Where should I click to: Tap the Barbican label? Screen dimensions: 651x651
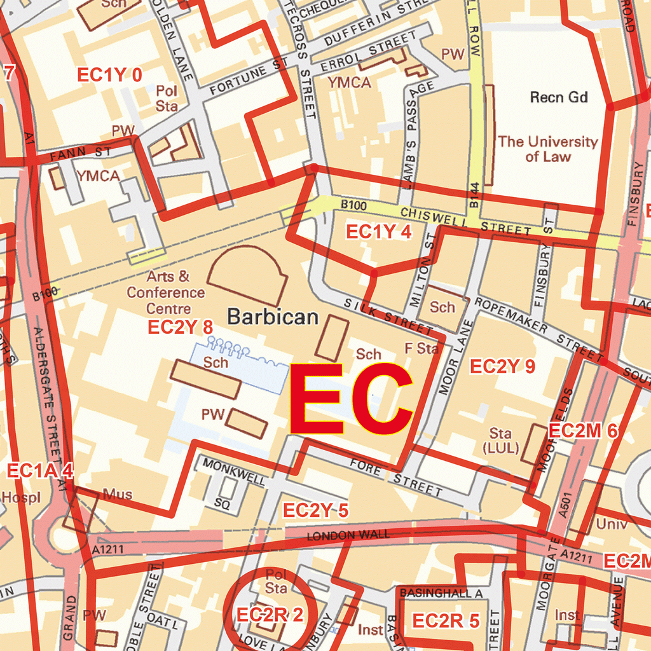point(273,317)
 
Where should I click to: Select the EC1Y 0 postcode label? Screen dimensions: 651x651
point(109,75)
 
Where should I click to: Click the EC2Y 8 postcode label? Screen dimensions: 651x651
point(180,327)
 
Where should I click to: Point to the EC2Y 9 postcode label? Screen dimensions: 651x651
point(502,366)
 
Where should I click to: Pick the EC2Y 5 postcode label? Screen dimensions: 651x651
point(315,511)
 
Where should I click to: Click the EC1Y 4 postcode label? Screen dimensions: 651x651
point(378,233)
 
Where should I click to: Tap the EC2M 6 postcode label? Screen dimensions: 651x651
point(583,431)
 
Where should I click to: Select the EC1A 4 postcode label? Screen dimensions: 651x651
point(40,471)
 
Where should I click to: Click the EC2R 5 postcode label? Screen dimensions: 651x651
point(446,621)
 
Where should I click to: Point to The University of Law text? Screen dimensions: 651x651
point(547,149)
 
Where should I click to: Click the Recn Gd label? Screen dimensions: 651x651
point(559,97)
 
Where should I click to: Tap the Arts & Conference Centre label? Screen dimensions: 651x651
point(167,292)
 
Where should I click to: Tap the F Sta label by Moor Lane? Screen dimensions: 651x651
point(421,348)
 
